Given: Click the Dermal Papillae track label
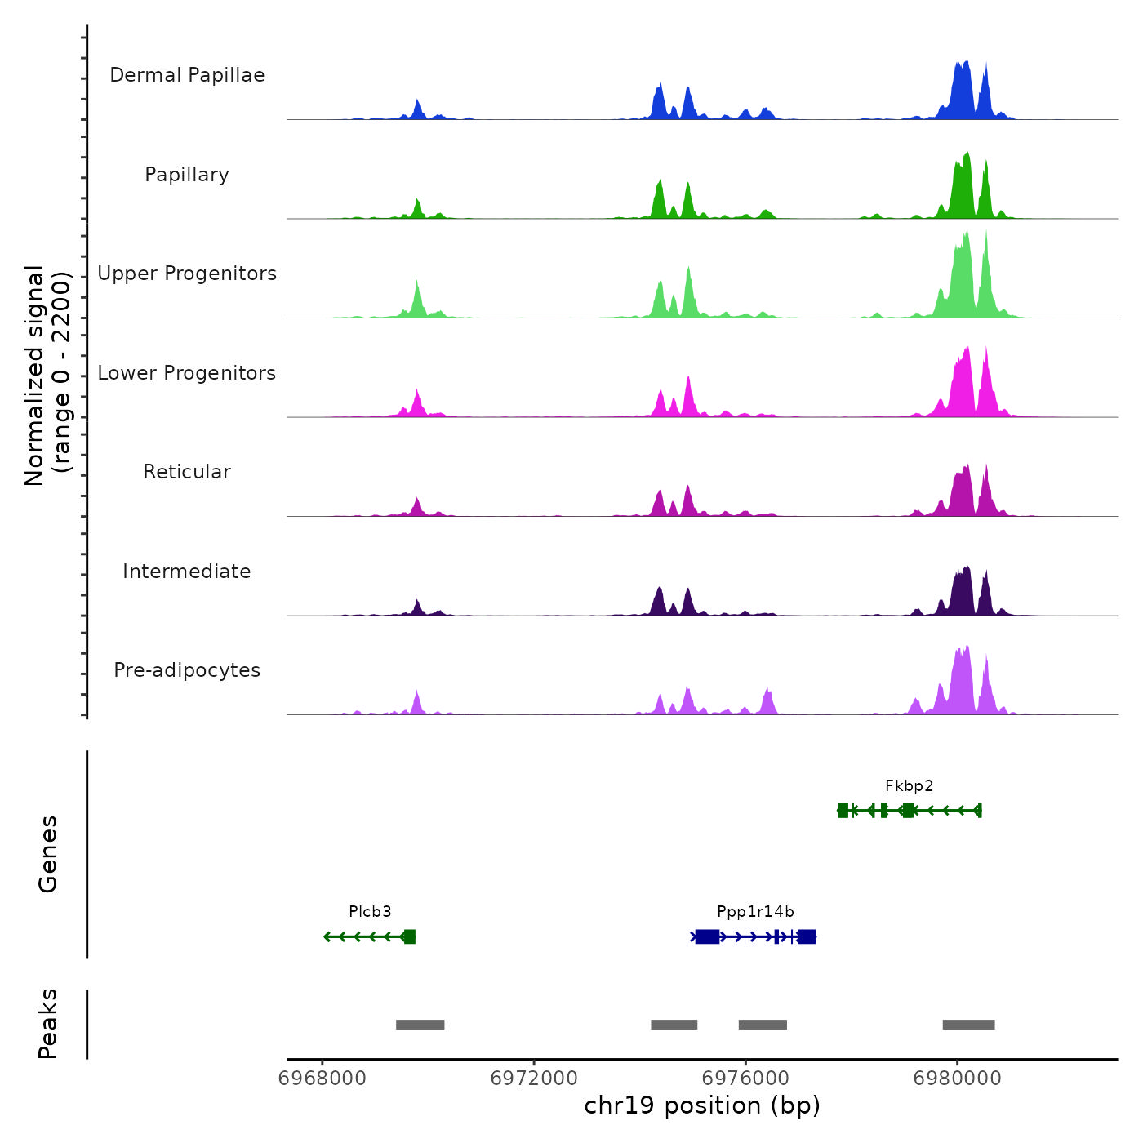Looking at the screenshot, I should tap(187, 75).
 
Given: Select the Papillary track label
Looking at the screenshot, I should tap(187, 175).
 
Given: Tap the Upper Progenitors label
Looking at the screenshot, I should tap(187, 274).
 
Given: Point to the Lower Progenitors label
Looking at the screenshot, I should tap(187, 373).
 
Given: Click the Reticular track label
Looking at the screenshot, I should tap(187, 472).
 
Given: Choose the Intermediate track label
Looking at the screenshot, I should tap(187, 571).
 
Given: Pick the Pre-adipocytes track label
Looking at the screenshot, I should tap(187, 670).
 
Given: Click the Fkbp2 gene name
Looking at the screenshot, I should tap(909, 786).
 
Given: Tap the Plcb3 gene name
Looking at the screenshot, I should tap(370, 912).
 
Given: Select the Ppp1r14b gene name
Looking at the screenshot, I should tap(755, 912).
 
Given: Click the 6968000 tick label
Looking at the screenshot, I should tap(322, 1079).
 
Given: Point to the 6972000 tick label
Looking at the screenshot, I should tap(534, 1079).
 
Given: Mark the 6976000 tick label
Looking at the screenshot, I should tap(745, 1079).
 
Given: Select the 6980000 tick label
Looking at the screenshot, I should tap(958, 1079).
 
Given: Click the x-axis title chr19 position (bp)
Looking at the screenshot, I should tap(702, 1105).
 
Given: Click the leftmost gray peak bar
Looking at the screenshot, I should tap(420, 1025).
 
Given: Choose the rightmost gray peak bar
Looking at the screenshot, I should tap(968, 1025).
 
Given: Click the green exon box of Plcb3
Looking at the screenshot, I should tap(409, 936).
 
